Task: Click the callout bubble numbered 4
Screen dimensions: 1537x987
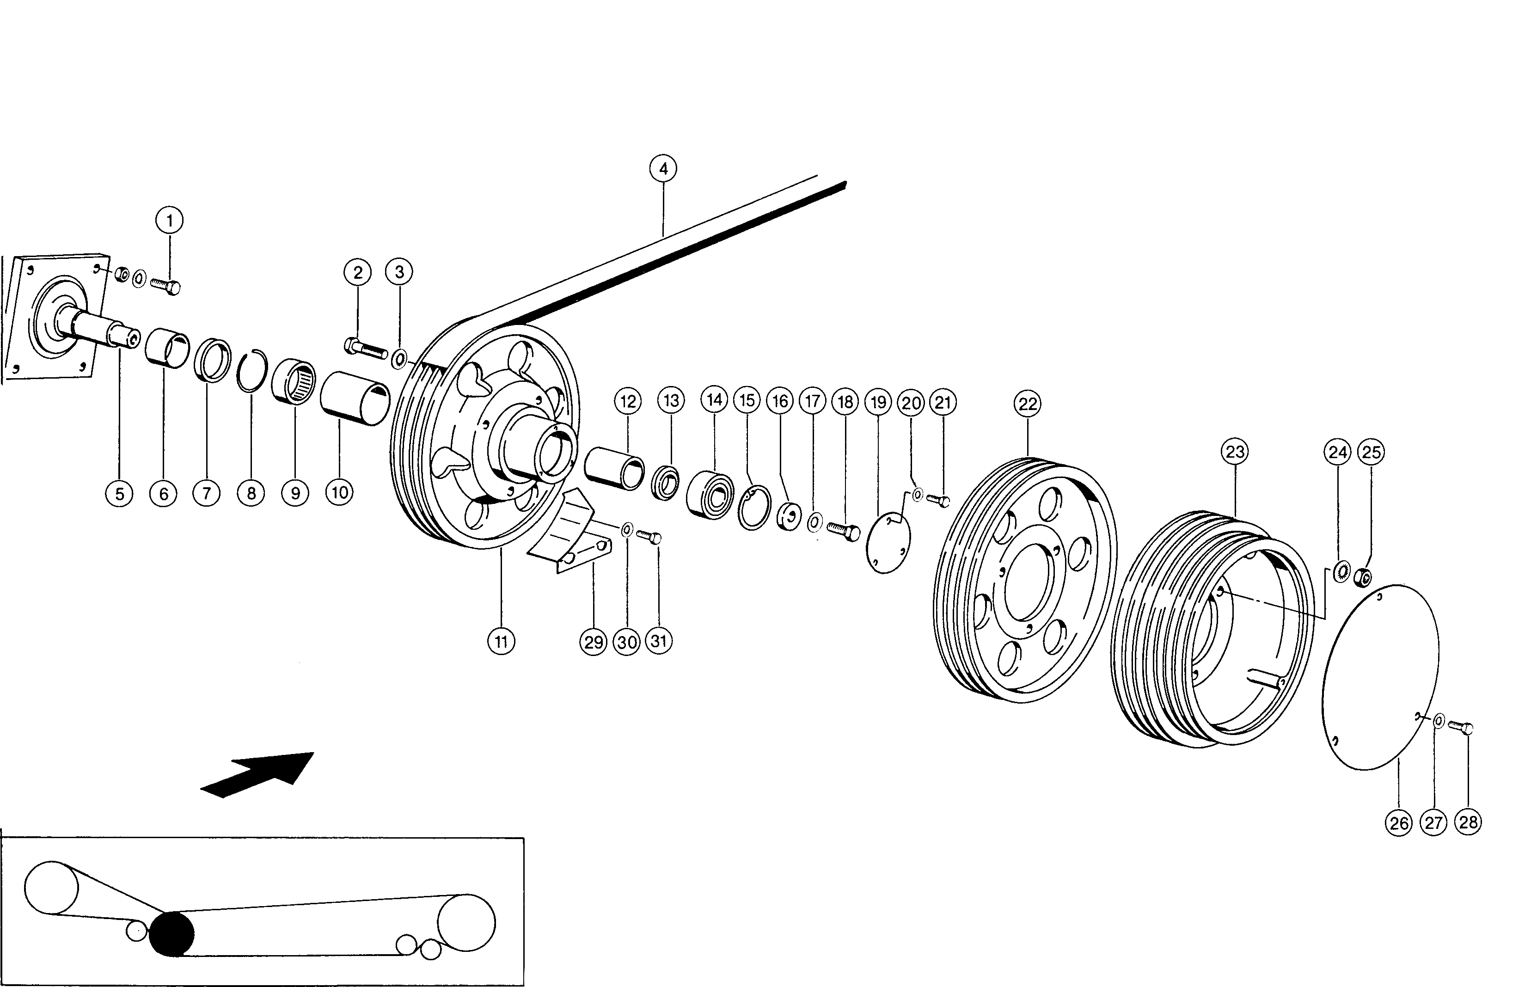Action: pyautogui.click(x=663, y=169)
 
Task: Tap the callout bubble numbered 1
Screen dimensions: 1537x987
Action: pyautogui.click(x=169, y=221)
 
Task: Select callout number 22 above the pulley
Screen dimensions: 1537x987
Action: pyautogui.click(x=1028, y=404)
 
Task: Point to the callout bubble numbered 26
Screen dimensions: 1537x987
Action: pyautogui.click(x=1399, y=822)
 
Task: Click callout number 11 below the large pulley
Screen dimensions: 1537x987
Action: pyautogui.click(x=501, y=641)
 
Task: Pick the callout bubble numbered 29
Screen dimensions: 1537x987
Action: pyautogui.click(x=593, y=641)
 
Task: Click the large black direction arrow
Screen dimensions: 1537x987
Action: pyautogui.click(x=257, y=774)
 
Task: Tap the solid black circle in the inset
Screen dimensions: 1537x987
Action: pyautogui.click(x=171, y=934)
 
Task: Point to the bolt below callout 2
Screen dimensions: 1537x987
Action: pyautogui.click(x=366, y=349)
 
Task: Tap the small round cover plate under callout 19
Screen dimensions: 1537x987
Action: pyautogui.click(x=888, y=542)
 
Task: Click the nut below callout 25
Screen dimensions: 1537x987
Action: pyautogui.click(x=1363, y=577)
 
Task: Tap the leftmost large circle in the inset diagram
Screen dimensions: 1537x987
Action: pyautogui.click(x=51, y=888)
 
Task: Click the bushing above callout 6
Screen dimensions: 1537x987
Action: pyautogui.click(x=167, y=347)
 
